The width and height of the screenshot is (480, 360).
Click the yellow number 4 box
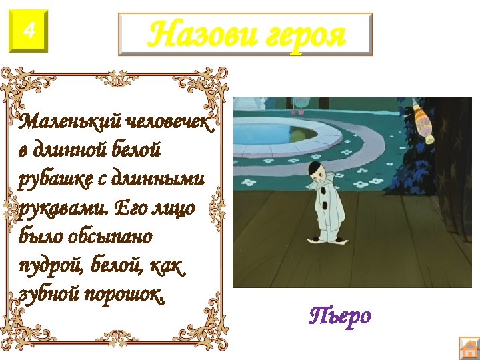click(x=29, y=30)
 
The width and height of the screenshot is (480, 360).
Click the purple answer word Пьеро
click(x=341, y=315)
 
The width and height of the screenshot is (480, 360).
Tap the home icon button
click(x=469, y=349)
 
